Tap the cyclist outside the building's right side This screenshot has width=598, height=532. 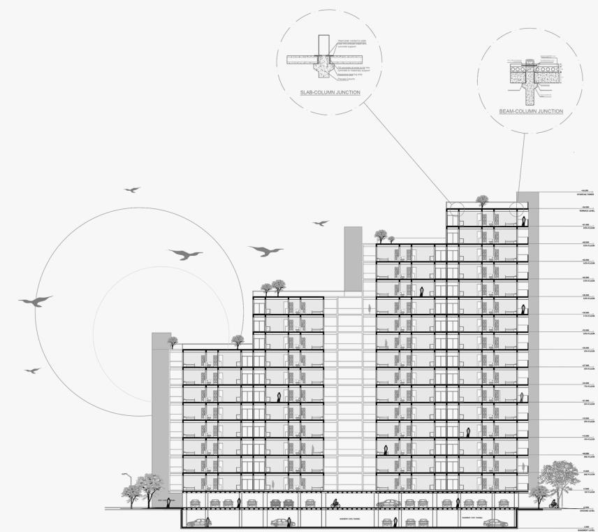tap(553, 503)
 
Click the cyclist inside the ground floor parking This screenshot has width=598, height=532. tap(336, 503)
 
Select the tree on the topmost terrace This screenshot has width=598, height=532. tap(482, 201)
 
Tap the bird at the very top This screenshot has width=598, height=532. tap(131, 189)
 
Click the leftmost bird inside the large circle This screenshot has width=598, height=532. tap(35, 301)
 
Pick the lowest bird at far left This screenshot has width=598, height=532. tap(32, 370)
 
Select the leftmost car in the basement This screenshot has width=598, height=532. tap(198, 522)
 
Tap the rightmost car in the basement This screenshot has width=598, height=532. tap(494, 522)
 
